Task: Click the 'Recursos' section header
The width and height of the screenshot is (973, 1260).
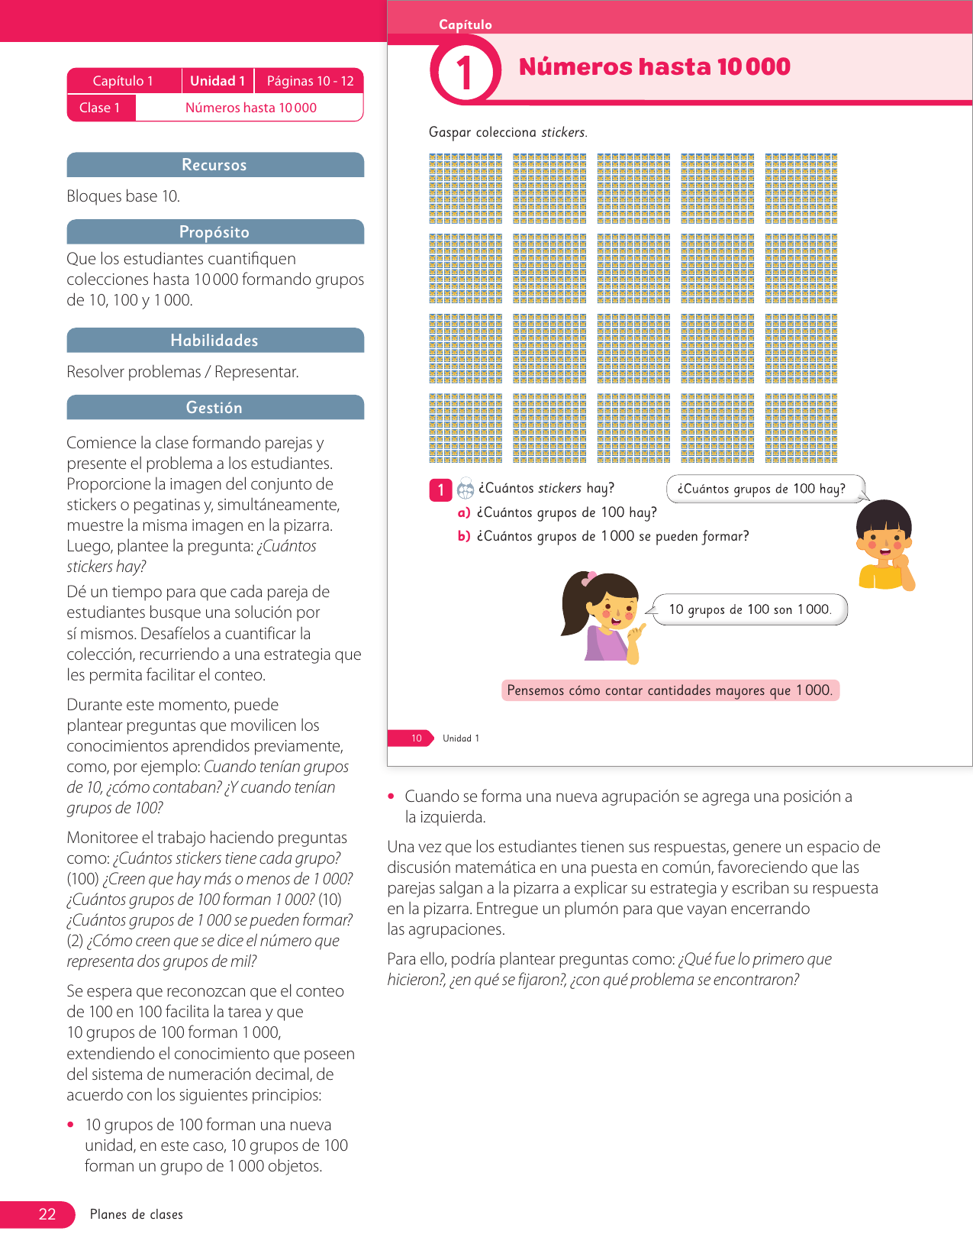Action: [214, 165]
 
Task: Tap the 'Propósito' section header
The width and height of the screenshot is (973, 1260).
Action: [214, 232]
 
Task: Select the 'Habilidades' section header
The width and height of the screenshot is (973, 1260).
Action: [214, 341]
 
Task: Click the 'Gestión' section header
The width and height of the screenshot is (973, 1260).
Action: [214, 408]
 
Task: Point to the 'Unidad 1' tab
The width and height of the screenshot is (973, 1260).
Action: [217, 81]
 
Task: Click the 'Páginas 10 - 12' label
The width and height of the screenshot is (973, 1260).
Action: [310, 81]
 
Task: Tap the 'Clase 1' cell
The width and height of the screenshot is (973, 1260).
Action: [100, 108]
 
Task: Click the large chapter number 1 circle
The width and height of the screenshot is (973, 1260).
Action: [465, 73]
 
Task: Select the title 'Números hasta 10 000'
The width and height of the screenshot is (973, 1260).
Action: [654, 67]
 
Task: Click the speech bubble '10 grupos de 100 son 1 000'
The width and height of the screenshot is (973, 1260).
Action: [749, 609]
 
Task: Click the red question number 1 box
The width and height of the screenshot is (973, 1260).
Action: [440, 489]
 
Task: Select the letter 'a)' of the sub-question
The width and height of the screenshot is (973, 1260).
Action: [463, 512]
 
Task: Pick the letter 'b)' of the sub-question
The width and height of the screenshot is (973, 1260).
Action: [463, 536]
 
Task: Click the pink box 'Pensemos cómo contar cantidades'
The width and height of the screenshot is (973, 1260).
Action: [669, 690]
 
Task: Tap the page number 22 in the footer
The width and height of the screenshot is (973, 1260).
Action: [47, 1214]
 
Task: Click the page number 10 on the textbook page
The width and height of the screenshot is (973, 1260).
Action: [416, 738]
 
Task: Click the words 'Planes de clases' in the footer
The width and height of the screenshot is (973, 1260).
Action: [137, 1214]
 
